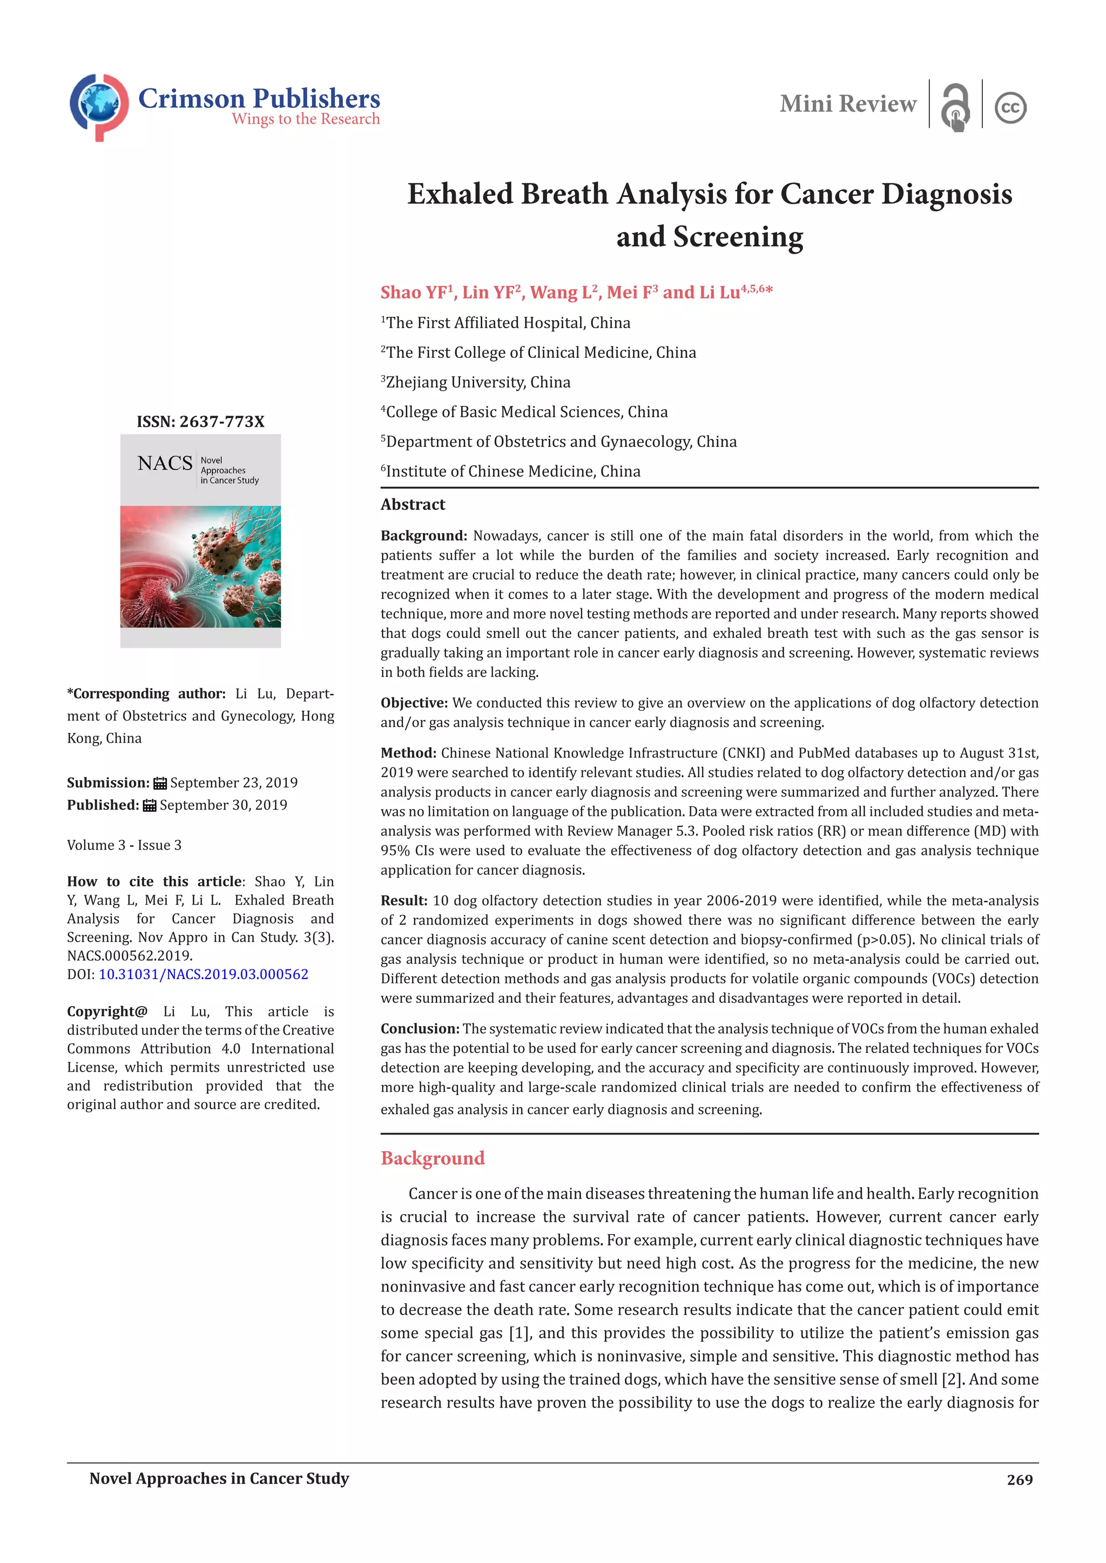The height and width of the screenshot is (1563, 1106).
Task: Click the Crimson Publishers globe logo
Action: [x=99, y=106]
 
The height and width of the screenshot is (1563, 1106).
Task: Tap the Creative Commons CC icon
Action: [x=1010, y=107]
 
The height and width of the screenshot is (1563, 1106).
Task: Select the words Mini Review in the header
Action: [x=847, y=104]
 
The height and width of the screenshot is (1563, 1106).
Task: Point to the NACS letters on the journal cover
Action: [x=165, y=464]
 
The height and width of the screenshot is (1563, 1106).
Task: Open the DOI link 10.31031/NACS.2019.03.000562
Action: [x=203, y=974]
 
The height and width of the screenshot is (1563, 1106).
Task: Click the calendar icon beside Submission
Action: [x=160, y=783]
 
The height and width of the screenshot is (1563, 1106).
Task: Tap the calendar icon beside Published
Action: [x=150, y=805]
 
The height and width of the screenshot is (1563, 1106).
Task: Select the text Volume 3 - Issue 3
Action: [x=124, y=845]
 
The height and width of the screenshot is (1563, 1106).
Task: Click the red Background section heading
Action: [x=433, y=1158]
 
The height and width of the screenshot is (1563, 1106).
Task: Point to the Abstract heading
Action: [x=413, y=505]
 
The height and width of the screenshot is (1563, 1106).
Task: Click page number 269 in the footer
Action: [x=1019, y=1479]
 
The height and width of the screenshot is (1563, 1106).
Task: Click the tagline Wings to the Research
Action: [x=305, y=119]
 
